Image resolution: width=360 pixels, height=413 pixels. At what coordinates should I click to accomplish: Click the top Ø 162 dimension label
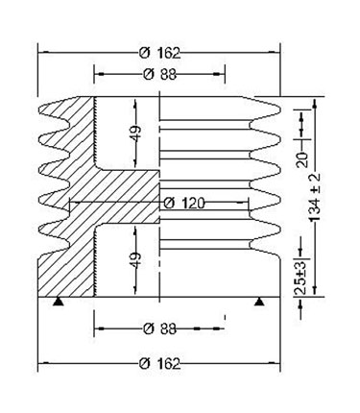160,53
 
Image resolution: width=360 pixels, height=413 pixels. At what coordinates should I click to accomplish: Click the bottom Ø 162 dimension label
160,364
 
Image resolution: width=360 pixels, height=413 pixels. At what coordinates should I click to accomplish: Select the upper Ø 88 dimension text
160,75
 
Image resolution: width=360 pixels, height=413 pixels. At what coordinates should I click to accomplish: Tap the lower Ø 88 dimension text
160,328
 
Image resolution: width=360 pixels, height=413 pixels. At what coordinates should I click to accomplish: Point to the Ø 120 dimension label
183,203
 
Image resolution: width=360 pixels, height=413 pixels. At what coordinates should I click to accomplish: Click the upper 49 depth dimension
135,134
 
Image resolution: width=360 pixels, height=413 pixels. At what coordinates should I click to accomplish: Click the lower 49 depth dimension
135,260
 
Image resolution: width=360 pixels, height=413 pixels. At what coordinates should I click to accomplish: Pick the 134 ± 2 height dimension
315,197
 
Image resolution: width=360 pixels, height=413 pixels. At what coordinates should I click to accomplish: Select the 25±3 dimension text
300,278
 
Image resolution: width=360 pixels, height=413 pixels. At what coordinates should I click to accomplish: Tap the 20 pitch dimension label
302,159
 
